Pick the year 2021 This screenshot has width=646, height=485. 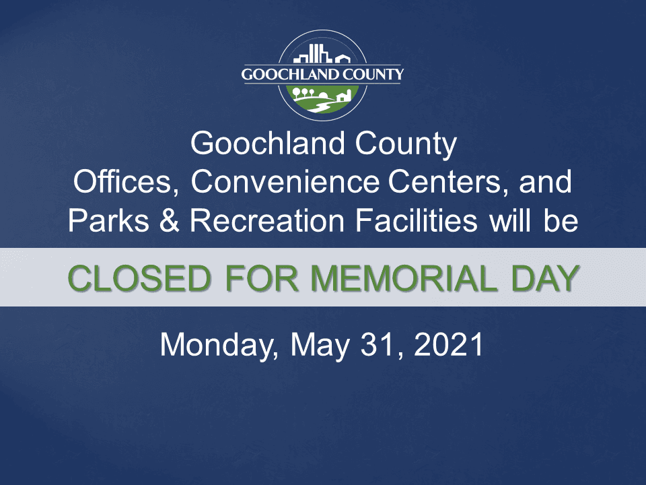[x=450, y=345]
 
